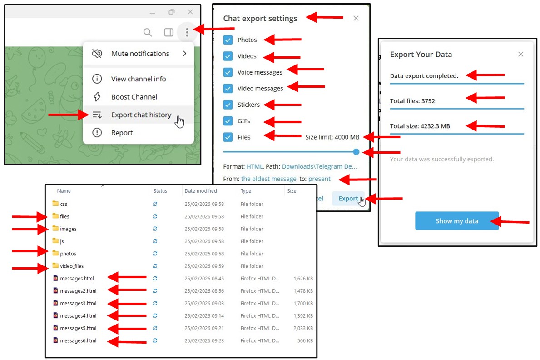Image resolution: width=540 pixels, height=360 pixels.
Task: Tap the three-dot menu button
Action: [187, 32]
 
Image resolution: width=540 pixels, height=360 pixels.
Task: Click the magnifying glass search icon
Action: [148, 32]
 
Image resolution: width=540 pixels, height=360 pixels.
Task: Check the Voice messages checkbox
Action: [228, 72]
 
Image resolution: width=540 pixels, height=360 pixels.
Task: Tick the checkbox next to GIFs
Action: [228, 121]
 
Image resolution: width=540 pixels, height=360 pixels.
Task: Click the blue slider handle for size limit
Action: [356, 152]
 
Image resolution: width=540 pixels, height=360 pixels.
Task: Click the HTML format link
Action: [254, 166]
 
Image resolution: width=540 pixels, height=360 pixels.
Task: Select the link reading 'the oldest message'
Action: [268, 179]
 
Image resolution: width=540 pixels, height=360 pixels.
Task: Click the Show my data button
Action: [456, 221]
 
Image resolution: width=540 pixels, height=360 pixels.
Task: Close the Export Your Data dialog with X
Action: [521, 54]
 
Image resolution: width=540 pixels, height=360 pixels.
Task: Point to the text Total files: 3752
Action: [412, 101]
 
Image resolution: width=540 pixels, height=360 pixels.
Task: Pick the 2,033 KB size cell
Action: [303, 328]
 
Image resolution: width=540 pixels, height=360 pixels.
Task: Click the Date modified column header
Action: [201, 191]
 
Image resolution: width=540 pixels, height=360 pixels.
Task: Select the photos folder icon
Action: [55, 254]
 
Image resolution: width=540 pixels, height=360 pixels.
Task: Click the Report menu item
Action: [122, 133]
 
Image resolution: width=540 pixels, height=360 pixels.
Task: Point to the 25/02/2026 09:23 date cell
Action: [204, 341]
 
